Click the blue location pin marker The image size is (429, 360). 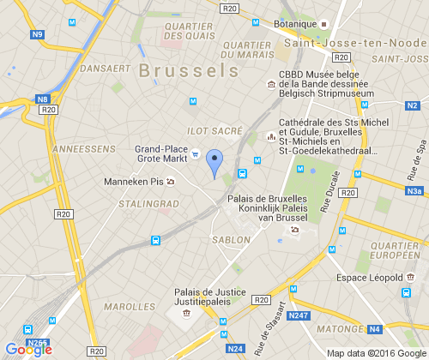[215, 163]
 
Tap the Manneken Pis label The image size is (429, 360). [132, 182]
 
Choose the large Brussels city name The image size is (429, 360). [189, 69]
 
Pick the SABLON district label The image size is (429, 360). [232, 240]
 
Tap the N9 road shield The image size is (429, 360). [36, 35]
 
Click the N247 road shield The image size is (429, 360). [299, 316]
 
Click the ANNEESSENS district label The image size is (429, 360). [83, 148]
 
